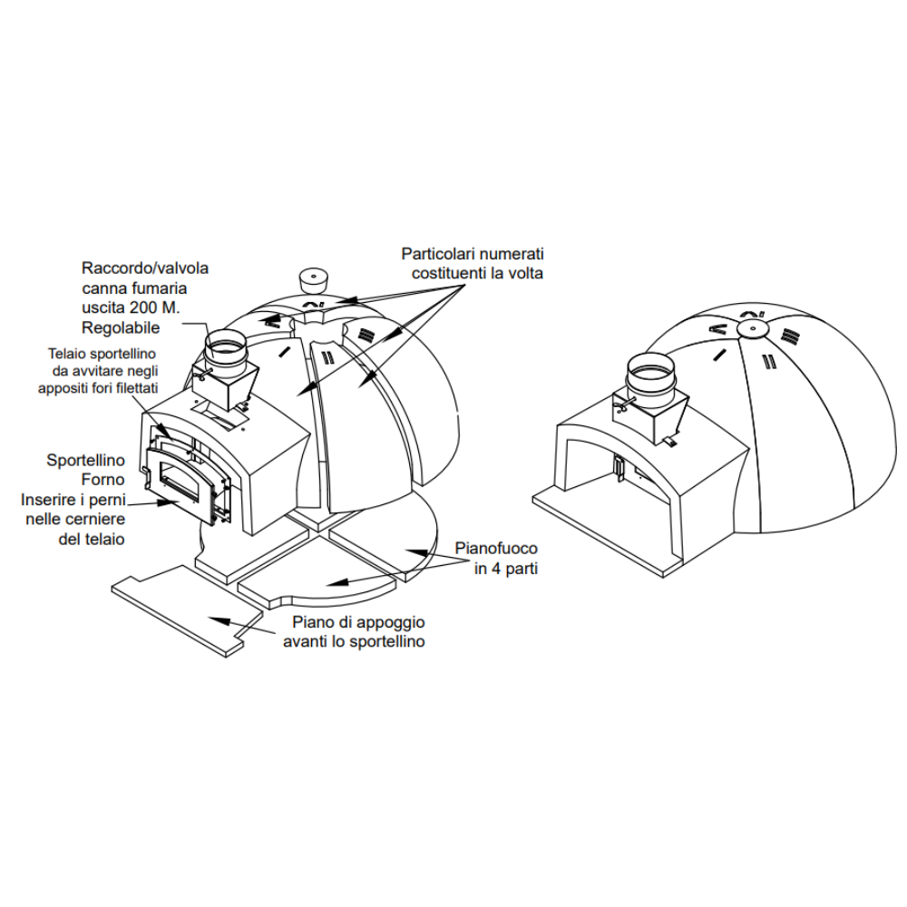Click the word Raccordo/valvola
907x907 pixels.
click(145, 268)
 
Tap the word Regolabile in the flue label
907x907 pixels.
click(121, 327)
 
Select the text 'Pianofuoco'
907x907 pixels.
click(495, 550)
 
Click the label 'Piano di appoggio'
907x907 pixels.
click(357, 623)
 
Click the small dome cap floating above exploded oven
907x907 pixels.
click(315, 278)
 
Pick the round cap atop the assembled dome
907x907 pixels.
click(752, 328)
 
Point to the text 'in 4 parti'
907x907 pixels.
click(498, 570)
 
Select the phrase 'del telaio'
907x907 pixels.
click(89, 539)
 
